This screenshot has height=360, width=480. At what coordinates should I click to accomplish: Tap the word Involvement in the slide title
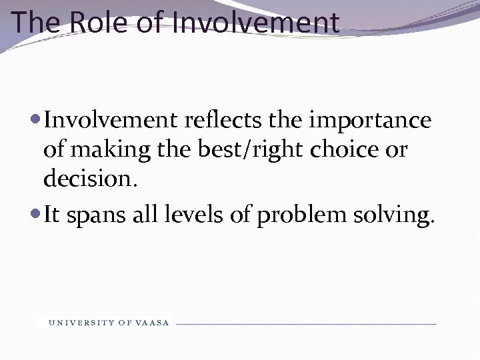click(x=256, y=22)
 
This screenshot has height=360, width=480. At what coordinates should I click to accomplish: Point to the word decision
click(x=90, y=179)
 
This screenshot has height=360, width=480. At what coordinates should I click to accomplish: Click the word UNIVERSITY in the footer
click(x=81, y=323)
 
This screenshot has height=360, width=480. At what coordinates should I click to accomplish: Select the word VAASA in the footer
click(x=153, y=323)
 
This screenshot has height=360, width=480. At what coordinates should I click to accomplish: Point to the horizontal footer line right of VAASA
click(x=306, y=324)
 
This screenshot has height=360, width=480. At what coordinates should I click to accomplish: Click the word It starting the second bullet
click(x=52, y=215)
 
